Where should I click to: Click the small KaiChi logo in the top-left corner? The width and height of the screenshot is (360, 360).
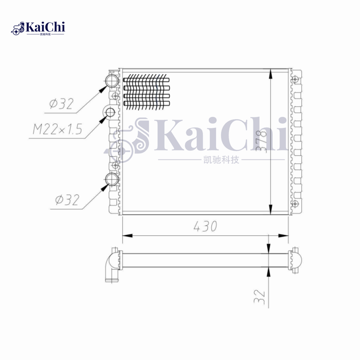38,28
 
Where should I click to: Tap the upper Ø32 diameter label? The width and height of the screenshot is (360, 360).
61,104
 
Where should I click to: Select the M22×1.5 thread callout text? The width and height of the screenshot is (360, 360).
58,130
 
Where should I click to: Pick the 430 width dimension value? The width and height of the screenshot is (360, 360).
206,226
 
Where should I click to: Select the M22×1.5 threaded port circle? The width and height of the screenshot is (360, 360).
110,112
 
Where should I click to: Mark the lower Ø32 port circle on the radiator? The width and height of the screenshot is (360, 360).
112,180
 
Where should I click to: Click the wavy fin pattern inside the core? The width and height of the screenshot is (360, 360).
146,92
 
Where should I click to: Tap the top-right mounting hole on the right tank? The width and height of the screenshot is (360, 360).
295,80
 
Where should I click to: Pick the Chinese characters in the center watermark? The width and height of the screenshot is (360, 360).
221,160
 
